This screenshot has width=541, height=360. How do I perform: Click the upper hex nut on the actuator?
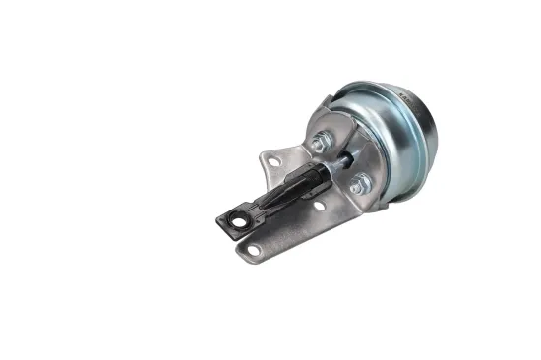click(320, 144)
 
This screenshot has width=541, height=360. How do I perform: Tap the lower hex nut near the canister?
click(359, 183)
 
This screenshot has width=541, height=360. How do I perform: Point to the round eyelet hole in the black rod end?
click(236, 222)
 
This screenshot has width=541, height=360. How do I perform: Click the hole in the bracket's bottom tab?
click(254, 250)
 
